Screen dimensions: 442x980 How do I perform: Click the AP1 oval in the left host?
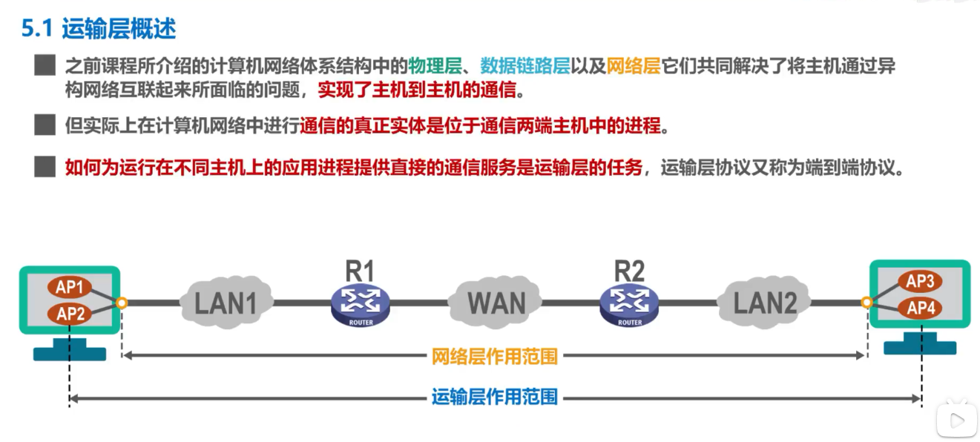(70, 288)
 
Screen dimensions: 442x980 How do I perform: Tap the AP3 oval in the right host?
(920, 282)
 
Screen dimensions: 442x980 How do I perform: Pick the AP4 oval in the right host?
(920, 308)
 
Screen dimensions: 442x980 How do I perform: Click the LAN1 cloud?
(226, 303)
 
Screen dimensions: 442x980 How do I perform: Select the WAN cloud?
(496, 303)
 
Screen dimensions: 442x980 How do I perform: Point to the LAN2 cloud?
(764, 303)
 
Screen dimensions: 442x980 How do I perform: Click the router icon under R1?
(360, 305)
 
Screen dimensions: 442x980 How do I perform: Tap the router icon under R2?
(629, 305)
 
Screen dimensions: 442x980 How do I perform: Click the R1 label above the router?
(360, 271)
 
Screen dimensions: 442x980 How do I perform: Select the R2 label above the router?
(629, 271)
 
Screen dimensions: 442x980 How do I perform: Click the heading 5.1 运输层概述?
(98, 29)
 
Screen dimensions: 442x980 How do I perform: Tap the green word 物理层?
(435, 66)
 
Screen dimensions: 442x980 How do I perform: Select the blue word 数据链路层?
(524, 66)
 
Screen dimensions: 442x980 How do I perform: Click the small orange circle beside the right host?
(866, 303)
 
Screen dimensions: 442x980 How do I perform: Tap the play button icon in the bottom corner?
(956, 421)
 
